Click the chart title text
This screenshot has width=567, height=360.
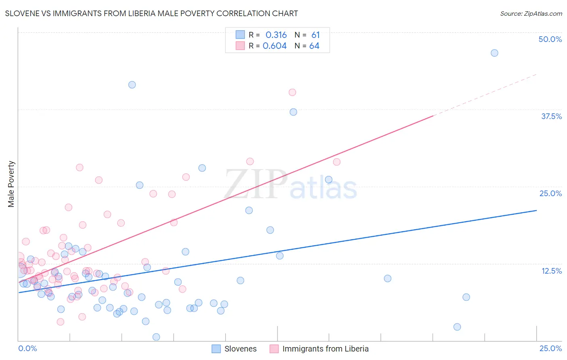pyautogui.click(x=151, y=13)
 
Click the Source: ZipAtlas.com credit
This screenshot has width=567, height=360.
pyautogui.click(x=531, y=13)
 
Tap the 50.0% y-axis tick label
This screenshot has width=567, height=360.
pyautogui.click(x=550, y=39)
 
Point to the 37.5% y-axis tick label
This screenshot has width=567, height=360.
pyautogui.click(x=551, y=116)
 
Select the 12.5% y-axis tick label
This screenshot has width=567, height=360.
pyautogui.click(x=551, y=271)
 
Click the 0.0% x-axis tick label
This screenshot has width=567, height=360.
pyautogui.click(x=27, y=348)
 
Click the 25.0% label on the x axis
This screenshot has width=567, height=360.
pyautogui.click(x=550, y=348)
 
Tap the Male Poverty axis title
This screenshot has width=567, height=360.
pyautogui.click(x=11, y=184)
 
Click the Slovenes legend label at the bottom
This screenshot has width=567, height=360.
pyautogui.click(x=240, y=349)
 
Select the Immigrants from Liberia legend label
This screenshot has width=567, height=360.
pyautogui.click(x=325, y=349)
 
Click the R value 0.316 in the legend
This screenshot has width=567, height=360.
pyautogui.click(x=276, y=35)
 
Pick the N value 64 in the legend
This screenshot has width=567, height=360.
pyautogui.click(x=314, y=46)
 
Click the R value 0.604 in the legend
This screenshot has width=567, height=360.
pyautogui.click(x=275, y=46)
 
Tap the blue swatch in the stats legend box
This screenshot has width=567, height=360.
pyautogui.click(x=240, y=35)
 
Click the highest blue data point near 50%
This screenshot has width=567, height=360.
pyautogui.click(x=494, y=53)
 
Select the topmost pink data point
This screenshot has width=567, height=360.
pyautogui.click(x=292, y=92)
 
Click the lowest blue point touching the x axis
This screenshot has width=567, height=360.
pyautogui.click(x=156, y=337)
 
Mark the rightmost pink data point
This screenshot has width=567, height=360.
pyautogui.click(x=337, y=162)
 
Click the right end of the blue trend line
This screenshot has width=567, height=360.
pyautogui.click(x=536, y=210)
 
